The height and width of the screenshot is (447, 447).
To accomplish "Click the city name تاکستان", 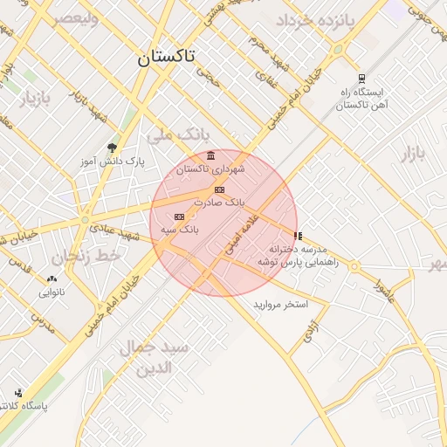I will [166, 58].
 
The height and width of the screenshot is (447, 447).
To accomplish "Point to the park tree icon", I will [112, 147].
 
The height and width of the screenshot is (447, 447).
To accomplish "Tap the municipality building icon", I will [211, 155].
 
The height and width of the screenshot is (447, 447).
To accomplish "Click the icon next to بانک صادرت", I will [219, 189].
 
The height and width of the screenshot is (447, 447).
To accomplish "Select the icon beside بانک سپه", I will [180, 217].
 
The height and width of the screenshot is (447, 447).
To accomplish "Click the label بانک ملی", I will [179, 135].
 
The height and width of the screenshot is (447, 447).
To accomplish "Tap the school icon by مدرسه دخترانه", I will [299, 236].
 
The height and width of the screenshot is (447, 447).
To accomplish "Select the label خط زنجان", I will [85, 257].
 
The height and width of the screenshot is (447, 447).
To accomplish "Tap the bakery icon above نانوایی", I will [52, 279].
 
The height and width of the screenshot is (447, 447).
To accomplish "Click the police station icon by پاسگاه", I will [18, 393].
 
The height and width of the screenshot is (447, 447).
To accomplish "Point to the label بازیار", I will [36, 98].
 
